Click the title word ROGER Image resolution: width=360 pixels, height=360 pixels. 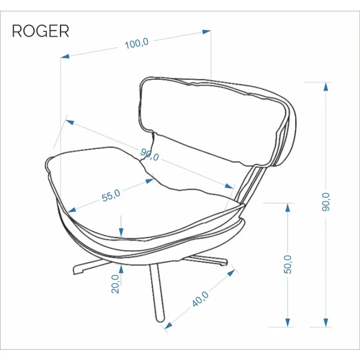(x=40, y=31)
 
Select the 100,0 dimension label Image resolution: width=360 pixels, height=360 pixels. (x=137, y=43)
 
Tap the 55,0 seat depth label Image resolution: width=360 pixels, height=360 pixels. (x=111, y=196)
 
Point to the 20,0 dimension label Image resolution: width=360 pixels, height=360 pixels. (x=115, y=284)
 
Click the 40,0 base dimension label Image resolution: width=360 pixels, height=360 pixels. (x=200, y=299)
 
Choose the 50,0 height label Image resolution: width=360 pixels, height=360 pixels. (x=287, y=264)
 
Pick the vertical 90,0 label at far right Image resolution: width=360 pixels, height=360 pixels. (x=326, y=202)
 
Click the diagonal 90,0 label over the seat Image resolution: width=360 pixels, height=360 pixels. (x=149, y=155)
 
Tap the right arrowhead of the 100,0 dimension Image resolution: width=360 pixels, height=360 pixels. (x=206, y=32)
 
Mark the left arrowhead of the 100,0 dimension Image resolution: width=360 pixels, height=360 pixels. (x=65, y=56)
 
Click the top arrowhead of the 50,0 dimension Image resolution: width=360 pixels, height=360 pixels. (x=287, y=208)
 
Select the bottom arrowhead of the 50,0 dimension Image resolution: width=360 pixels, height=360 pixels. (x=287, y=323)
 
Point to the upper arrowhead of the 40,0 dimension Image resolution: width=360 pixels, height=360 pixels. (x=231, y=273)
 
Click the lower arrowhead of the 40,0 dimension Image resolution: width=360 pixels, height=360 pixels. (x=168, y=326)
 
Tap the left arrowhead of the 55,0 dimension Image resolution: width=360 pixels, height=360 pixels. (x=71, y=210)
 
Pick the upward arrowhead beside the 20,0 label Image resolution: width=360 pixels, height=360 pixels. (x=121, y=269)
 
